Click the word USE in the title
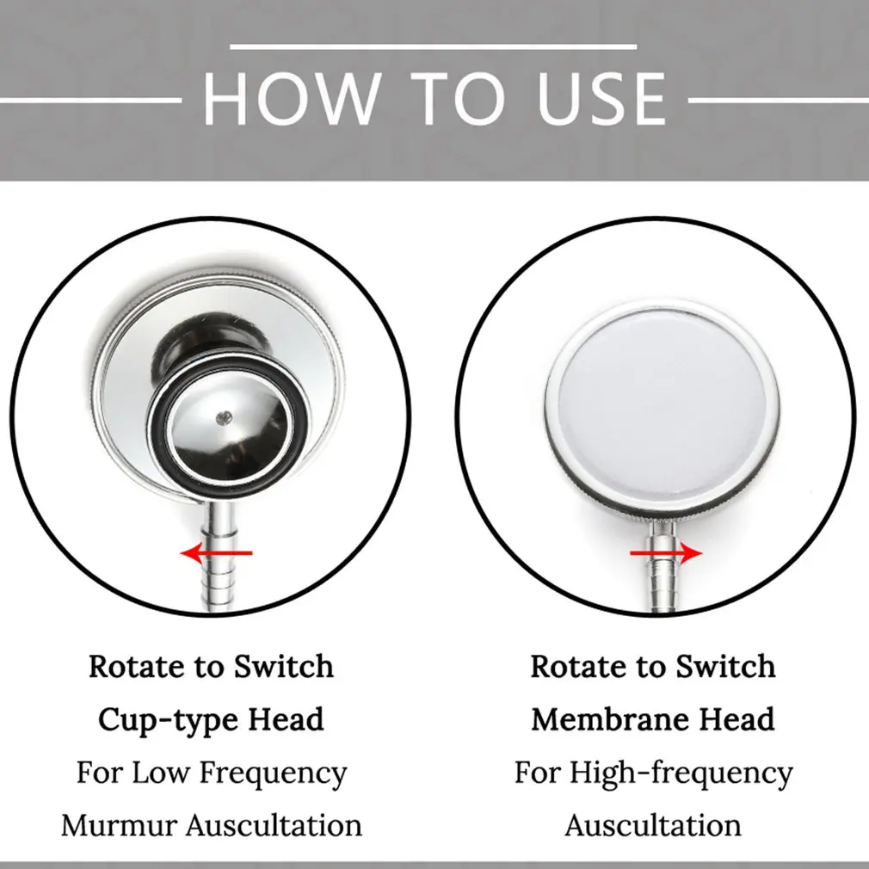[602, 99]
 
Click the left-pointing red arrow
[217, 552]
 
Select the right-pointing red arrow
[666, 552]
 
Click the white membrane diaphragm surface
[663, 404]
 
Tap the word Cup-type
[169, 721]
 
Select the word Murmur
[119, 826]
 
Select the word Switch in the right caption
[725, 666]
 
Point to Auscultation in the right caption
[653, 826]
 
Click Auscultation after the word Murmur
[274, 826]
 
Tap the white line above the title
[433, 47]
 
